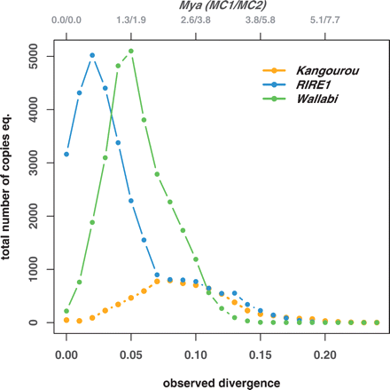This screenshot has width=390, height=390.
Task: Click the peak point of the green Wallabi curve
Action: coord(131,52)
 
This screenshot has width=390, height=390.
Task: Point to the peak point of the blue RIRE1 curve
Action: coord(92,55)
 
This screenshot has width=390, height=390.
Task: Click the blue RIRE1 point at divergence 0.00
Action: coord(66,155)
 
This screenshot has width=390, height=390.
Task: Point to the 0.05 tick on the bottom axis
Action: coord(131,351)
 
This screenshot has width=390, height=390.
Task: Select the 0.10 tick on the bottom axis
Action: coord(196,351)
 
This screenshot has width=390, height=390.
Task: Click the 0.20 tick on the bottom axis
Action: coord(325,351)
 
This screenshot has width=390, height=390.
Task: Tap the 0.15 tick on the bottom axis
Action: coord(261,351)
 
